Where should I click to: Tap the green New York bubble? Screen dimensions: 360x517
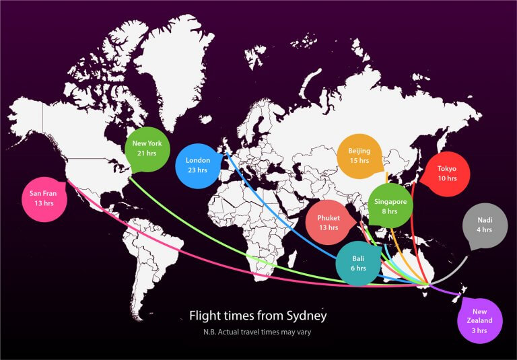[x=147, y=149]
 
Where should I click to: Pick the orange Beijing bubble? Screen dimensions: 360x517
[x=359, y=156]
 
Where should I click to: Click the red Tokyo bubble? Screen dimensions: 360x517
[x=446, y=174]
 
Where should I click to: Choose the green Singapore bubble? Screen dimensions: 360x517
[x=390, y=206]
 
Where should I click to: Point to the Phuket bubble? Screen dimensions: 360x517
[x=329, y=223]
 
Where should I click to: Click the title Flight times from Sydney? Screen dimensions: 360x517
[x=258, y=315]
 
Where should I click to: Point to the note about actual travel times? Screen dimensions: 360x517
[x=258, y=333]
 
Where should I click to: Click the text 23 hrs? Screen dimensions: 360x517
[x=198, y=170]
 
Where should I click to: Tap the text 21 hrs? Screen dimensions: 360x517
[x=147, y=154]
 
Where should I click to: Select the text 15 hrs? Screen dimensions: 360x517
[x=359, y=161]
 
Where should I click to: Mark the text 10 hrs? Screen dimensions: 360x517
[x=446, y=179]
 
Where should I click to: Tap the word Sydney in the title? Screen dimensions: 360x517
[x=309, y=315]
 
